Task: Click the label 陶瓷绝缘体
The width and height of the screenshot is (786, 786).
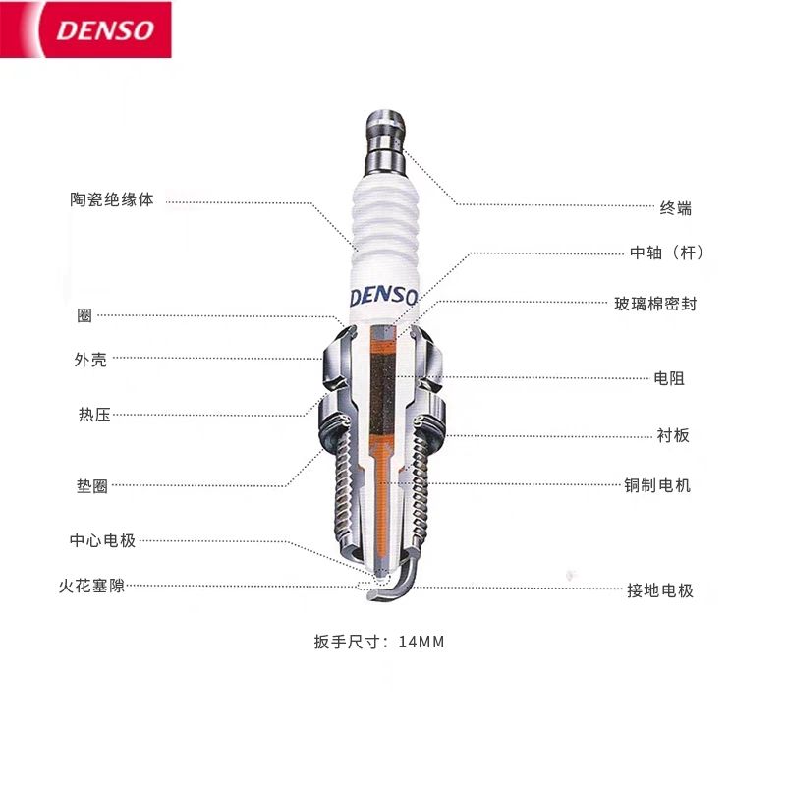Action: pos(112,199)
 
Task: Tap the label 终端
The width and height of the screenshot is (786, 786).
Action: pos(675,208)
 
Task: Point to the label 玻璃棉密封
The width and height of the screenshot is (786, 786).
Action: pos(655,305)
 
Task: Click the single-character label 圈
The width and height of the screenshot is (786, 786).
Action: pos(84,316)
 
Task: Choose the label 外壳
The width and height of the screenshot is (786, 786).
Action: pos(91,360)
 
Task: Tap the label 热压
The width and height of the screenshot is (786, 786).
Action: pos(94,415)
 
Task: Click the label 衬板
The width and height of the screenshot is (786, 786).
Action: pos(673,435)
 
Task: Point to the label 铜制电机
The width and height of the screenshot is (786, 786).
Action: pos(657,485)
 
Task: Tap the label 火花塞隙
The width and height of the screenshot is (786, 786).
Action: pos(91,587)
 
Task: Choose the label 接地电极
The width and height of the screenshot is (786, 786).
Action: pos(660,590)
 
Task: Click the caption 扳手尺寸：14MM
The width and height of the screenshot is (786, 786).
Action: pos(379,643)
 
